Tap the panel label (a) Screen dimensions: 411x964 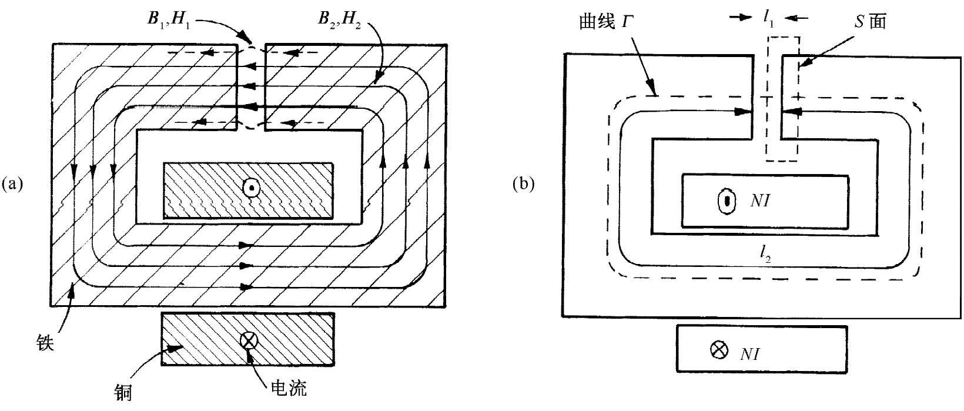(12, 184)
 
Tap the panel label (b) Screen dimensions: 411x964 (524, 184)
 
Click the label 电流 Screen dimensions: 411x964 (288, 387)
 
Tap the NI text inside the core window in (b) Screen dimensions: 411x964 (759, 201)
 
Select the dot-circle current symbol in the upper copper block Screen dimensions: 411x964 (251, 188)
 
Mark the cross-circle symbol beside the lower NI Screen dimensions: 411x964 (718, 351)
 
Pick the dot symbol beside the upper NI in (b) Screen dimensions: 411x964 (727, 201)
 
